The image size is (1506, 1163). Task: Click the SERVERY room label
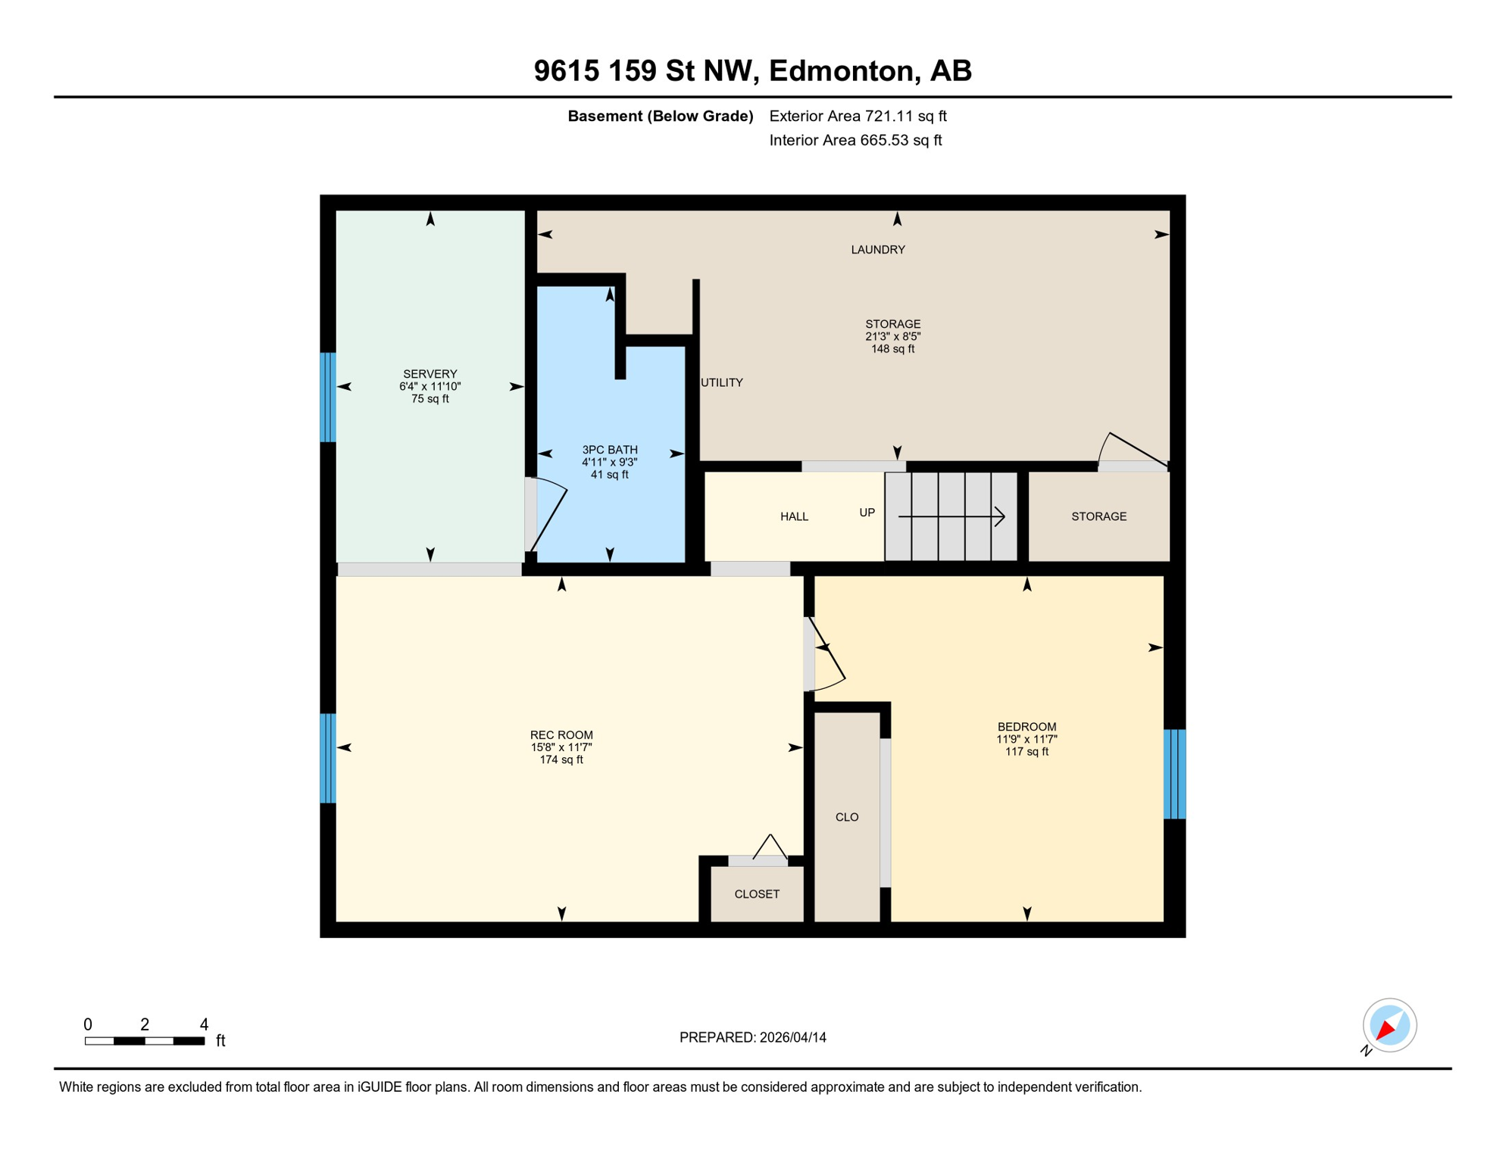[x=430, y=374]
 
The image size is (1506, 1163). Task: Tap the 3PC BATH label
[x=609, y=450]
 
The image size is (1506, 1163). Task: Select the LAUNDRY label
[x=877, y=250]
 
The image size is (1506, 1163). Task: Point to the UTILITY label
[x=721, y=382]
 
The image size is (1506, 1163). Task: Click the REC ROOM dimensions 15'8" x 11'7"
[x=561, y=747]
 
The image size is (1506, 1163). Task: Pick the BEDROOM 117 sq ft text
[x=1026, y=752]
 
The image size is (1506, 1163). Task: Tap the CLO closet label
[x=846, y=817]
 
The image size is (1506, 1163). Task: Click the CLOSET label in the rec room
[x=756, y=894]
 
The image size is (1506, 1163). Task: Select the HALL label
[x=794, y=516]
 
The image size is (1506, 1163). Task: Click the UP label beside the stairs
[x=867, y=513]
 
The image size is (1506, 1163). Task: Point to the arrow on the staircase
[x=951, y=516]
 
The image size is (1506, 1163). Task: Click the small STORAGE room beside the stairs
[x=1098, y=516]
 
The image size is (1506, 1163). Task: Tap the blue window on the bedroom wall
[x=1173, y=774]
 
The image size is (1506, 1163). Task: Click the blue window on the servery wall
[x=328, y=397]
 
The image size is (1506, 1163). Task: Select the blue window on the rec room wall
[x=328, y=758]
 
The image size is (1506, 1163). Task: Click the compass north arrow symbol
[x=1389, y=1025]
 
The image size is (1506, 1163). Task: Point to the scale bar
[x=144, y=1041]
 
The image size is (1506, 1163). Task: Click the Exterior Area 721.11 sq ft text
[x=858, y=116]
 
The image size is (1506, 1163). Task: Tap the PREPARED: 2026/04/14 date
[x=752, y=1037]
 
